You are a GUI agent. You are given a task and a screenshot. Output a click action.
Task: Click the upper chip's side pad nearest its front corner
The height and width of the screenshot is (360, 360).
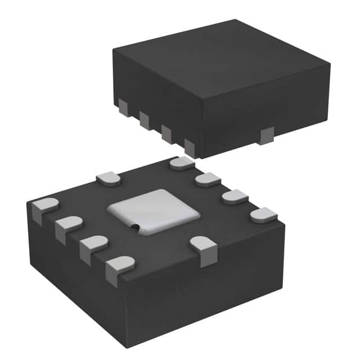pyautogui.click(x=190, y=148)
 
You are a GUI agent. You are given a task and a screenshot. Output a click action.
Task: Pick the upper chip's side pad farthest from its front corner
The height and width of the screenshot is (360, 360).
pyautogui.click(x=123, y=106)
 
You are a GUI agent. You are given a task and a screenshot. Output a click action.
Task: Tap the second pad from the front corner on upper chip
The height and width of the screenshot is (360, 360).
pyautogui.click(x=166, y=133)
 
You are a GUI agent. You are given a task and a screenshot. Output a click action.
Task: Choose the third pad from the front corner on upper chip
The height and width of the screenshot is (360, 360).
pyautogui.click(x=144, y=119)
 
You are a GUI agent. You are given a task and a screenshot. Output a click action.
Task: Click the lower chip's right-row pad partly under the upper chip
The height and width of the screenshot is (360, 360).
pyautogui.click(x=182, y=164)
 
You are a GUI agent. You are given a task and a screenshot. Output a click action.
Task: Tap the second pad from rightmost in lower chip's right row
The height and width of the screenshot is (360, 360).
pyautogui.click(x=235, y=197)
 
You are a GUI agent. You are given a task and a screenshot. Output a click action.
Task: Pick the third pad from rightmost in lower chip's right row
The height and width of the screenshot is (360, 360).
pyautogui.click(x=208, y=180)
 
